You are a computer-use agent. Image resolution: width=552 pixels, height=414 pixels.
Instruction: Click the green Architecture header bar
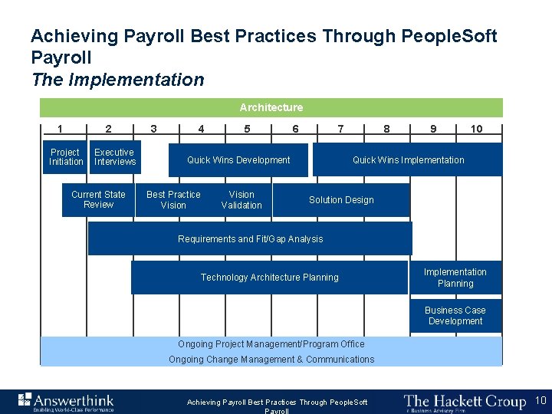[271, 107]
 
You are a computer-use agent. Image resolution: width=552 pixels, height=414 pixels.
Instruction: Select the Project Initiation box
[66, 157]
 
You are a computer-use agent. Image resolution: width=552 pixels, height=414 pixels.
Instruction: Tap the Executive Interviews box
[115, 157]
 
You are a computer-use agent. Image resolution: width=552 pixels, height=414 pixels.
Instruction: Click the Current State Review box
[98, 199]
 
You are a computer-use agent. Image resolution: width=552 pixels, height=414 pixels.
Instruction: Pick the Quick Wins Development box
[238, 160]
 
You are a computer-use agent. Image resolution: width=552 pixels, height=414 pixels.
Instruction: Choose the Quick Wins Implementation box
[408, 160]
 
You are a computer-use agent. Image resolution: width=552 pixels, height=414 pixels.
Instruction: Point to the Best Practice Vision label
[173, 199]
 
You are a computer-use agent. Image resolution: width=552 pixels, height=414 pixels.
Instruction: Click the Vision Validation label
[242, 199]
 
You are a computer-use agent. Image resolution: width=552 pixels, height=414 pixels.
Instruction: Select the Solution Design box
[341, 200]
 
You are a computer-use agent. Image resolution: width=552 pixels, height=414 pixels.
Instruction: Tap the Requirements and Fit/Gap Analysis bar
[250, 239]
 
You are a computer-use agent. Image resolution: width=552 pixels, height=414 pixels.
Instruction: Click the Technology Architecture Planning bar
[269, 278]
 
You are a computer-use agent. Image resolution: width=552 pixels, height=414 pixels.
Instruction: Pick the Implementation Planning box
[455, 278]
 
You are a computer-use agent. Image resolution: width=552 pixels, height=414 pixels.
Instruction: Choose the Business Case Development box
[455, 316]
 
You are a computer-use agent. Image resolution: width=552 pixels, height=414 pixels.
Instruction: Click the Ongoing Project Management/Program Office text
[261, 344]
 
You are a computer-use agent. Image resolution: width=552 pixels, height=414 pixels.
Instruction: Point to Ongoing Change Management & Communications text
[271, 360]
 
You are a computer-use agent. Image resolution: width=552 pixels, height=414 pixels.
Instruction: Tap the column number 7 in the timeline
[340, 129]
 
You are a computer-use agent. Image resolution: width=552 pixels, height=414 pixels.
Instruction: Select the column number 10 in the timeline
[476, 129]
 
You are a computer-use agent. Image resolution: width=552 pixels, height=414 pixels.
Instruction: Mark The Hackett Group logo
[464, 401]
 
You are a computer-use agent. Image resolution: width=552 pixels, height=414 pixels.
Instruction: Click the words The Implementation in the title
[118, 80]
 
